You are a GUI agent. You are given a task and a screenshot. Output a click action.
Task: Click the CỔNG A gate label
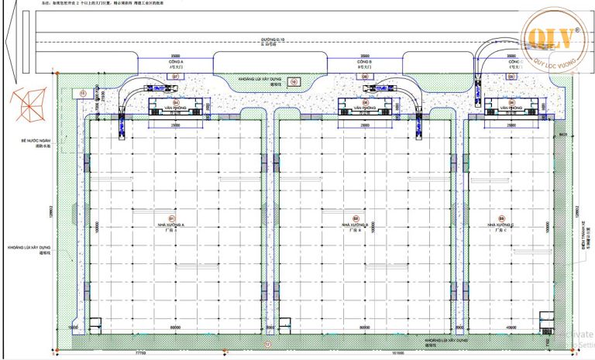pos(176,62)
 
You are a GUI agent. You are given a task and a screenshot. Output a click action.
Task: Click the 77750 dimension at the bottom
pos(140,352)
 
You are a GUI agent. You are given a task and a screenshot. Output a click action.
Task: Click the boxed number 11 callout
pos(83,93)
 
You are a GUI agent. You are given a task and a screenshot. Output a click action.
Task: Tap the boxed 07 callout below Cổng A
pos(175,77)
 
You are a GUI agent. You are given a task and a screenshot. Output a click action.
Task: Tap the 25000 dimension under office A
pos(177,124)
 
